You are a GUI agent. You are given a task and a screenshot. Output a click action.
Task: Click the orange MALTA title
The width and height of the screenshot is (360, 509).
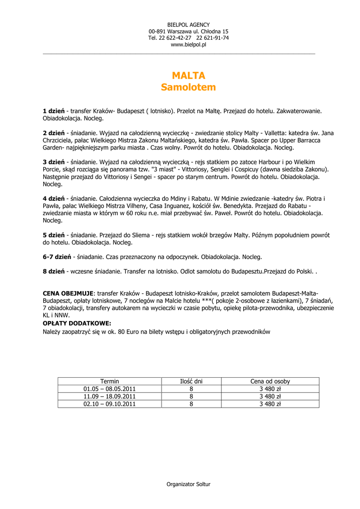pyautogui.click(x=188, y=76)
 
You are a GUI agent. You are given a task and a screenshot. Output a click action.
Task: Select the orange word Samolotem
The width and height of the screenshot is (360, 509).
pyautogui.click(x=188, y=87)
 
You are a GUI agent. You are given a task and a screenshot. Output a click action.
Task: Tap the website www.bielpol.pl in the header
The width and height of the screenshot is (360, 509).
pyautogui.click(x=188, y=45)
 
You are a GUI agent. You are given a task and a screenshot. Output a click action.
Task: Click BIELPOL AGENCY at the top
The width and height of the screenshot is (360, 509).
pyautogui.click(x=188, y=24)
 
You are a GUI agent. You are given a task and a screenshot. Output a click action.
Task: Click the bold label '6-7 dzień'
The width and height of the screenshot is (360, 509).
pyautogui.click(x=57, y=257)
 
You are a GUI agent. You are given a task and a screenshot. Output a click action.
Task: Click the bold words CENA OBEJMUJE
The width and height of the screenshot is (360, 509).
pyautogui.click(x=69, y=293)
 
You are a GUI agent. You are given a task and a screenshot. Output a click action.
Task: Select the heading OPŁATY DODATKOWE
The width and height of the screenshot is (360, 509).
pyautogui.click(x=77, y=323)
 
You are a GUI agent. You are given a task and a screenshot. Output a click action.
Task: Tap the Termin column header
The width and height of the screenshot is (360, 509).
pyautogui.click(x=110, y=381)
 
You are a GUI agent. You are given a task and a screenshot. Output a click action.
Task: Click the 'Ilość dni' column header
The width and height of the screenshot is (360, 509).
pyautogui.click(x=191, y=381)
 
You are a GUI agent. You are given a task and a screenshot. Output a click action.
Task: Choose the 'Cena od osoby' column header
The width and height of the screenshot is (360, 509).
pyautogui.click(x=270, y=381)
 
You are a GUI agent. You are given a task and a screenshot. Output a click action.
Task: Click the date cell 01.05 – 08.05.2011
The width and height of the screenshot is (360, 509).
pyautogui.click(x=110, y=389)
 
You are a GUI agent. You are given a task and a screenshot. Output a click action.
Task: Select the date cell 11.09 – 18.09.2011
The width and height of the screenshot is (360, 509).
pyautogui.click(x=110, y=396)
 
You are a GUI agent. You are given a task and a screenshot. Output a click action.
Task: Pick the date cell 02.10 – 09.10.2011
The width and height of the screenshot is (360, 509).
pyautogui.click(x=110, y=404)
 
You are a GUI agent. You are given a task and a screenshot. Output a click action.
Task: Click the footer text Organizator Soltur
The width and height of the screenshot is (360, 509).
pyautogui.click(x=188, y=484)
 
